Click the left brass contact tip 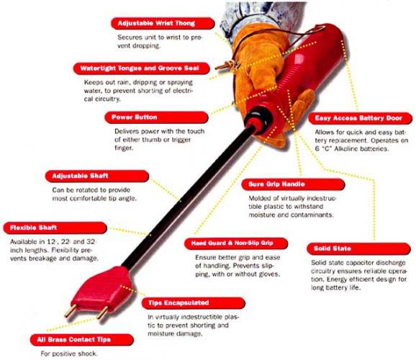click(x=71, y=311)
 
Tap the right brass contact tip click(x=102, y=312)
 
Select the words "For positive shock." click(x=69, y=354)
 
